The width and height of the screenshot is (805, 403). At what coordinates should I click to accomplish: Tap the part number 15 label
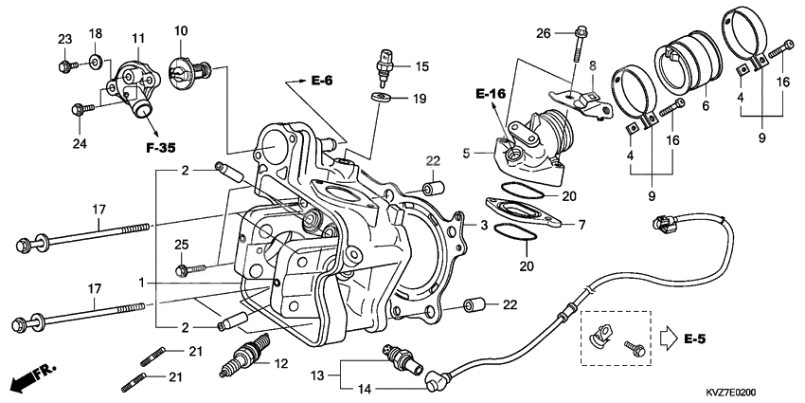[421, 66]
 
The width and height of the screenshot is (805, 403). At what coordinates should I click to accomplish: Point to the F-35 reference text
[163, 148]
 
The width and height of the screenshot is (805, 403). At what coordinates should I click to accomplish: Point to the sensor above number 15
[385, 57]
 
